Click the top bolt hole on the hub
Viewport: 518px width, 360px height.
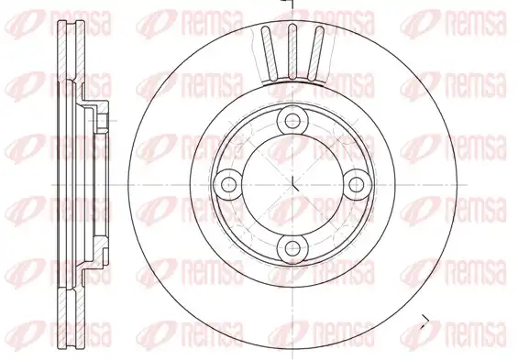click(x=292, y=121)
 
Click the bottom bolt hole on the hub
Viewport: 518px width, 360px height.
click(x=292, y=248)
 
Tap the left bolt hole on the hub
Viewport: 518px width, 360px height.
click(x=228, y=184)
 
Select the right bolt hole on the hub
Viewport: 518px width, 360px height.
click(x=356, y=184)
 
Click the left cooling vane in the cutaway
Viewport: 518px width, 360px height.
click(x=270, y=53)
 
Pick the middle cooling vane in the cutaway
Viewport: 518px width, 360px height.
click(x=292, y=52)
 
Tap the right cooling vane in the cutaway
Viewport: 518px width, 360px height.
click(x=314, y=53)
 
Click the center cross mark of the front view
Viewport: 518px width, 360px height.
click(x=293, y=185)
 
